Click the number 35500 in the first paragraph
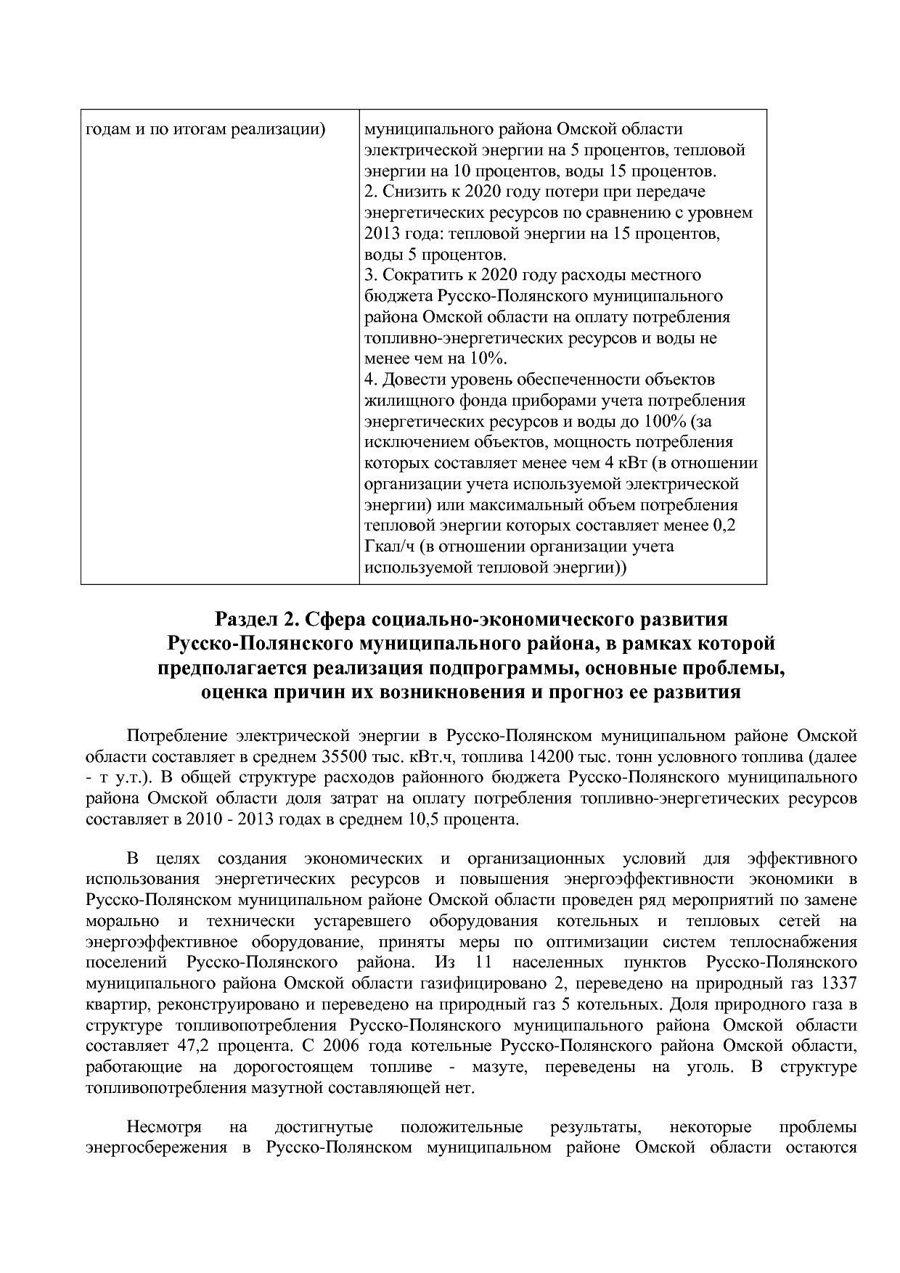(x=343, y=756)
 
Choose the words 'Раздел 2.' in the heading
(x=256, y=619)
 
